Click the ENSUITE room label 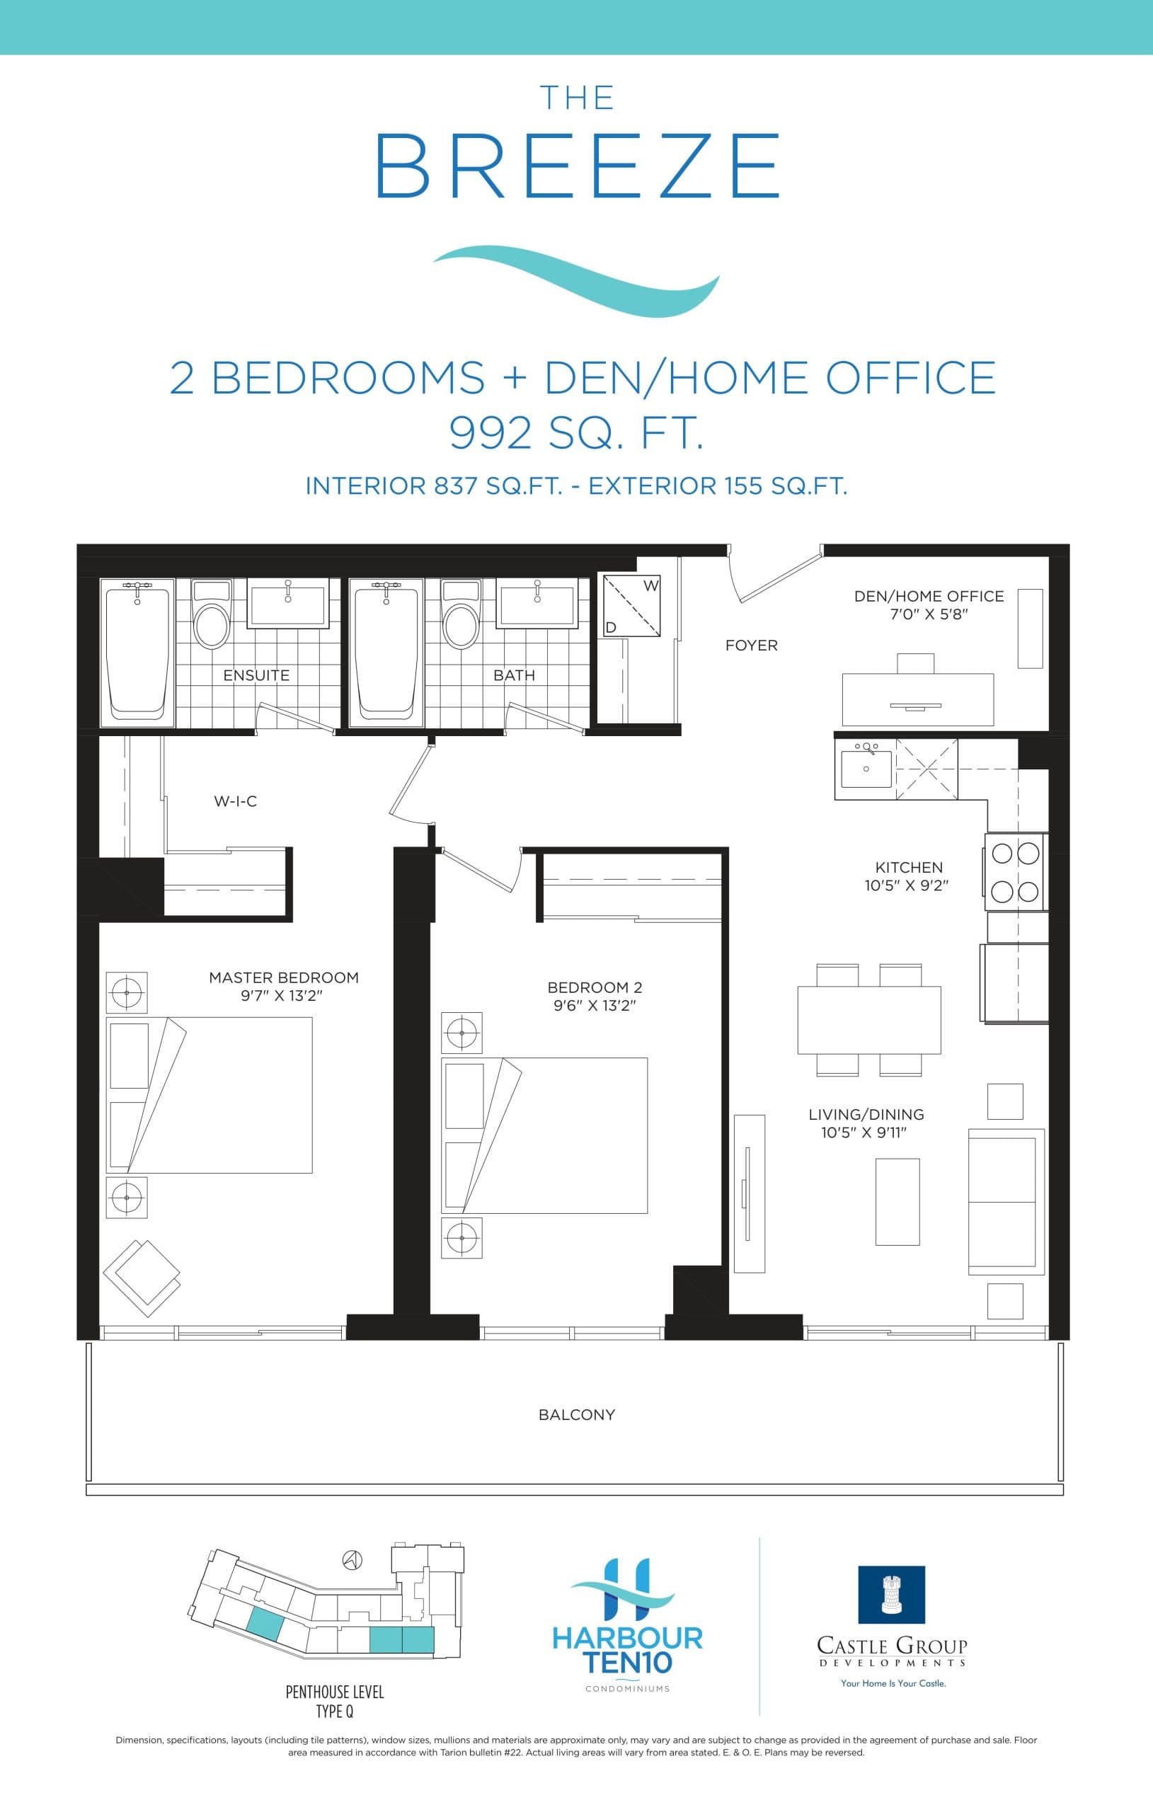click(x=256, y=675)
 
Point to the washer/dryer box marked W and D click(x=631, y=606)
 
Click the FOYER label click(x=751, y=645)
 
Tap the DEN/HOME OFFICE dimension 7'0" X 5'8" click(x=929, y=614)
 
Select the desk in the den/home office click(x=917, y=699)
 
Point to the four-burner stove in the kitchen click(x=1015, y=873)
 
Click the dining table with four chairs click(x=869, y=1019)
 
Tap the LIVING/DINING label click(x=866, y=1114)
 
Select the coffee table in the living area click(x=897, y=1202)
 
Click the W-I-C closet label click(x=235, y=801)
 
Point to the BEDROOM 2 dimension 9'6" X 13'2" click(x=595, y=1005)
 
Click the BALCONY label click(x=576, y=1415)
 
